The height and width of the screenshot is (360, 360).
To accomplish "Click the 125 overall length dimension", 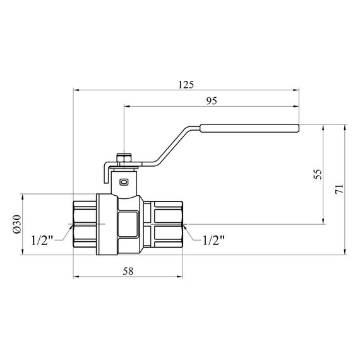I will [x=186, y=83].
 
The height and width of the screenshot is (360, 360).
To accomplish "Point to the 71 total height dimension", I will [x=339, y=189].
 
